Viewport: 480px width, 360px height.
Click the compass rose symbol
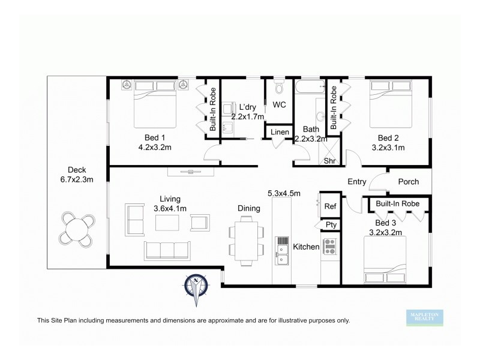tap(196, 286)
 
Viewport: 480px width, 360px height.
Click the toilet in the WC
tap(279, 89)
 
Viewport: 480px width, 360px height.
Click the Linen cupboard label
tap(280, 132)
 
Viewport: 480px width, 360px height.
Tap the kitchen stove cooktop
tap(329, 245)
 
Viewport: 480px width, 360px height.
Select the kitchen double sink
tap(282, 251)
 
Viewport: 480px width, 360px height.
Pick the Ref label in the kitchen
tap(330, 206)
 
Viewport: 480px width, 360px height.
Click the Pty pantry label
tap(330, 225)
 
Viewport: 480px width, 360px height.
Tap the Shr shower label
tap(329, 161)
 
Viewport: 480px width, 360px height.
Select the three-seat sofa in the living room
tap(166, 250)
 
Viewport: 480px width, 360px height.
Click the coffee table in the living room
tap(167, 223)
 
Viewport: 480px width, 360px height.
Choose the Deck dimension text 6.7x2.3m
tap(77, 179)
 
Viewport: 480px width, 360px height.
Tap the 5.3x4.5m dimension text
tap(284, 193)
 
